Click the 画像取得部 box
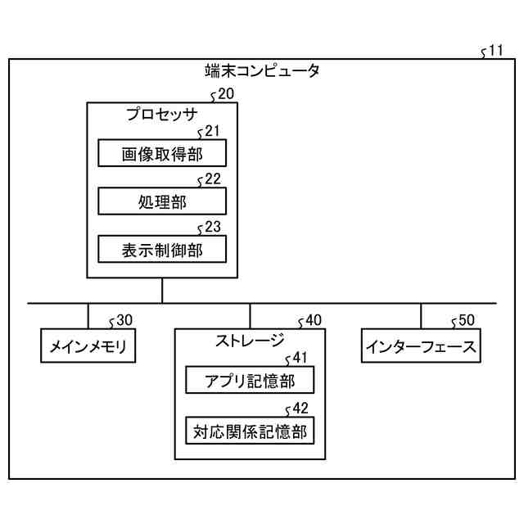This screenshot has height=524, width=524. pos(162,153)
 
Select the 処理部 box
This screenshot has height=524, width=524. pos(162,201)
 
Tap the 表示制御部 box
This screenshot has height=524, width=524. pos(162,250)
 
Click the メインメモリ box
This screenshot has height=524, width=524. pos(88,346)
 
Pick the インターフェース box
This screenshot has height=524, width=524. pos(421,346)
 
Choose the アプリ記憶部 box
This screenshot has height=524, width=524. pos(250,381)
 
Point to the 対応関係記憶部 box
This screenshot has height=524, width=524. pos(250,431)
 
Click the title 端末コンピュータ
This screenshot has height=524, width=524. pos(262,70)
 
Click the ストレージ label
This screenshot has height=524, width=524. pos(250,340)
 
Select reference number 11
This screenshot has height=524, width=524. pos(495,51)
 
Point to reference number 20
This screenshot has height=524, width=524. pos(225,94)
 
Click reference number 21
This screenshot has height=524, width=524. pos(212,131)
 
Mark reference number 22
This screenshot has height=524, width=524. pos(212,179)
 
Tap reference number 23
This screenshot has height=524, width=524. pos(212,228)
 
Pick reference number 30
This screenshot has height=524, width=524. pos(124,320)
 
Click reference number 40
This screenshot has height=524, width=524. pos(313,320)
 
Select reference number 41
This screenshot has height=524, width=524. pos(299,358)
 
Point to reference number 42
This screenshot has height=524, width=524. pos(299,408)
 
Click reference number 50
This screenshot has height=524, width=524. pos(465,320)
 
